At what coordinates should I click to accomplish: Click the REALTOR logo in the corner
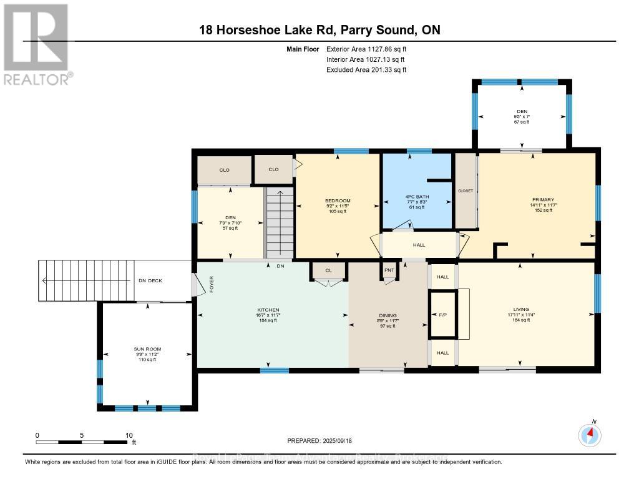point(36,44)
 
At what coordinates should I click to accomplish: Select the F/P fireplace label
point(442,315)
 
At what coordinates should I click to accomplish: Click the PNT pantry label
point(389,271)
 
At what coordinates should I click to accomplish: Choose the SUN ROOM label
point(147,349)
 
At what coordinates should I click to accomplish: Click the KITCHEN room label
point(268,310)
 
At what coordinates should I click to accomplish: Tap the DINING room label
point(387,315)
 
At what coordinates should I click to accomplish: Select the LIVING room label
point(521,309)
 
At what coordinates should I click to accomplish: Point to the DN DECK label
point(150,280)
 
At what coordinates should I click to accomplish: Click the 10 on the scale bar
point(129,435)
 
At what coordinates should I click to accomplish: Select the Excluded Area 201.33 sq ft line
point(366,70)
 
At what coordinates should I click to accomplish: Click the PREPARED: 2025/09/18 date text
point(319,441)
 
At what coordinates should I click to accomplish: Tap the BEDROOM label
point(337,200)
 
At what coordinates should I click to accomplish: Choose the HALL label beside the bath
point(419,245)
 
